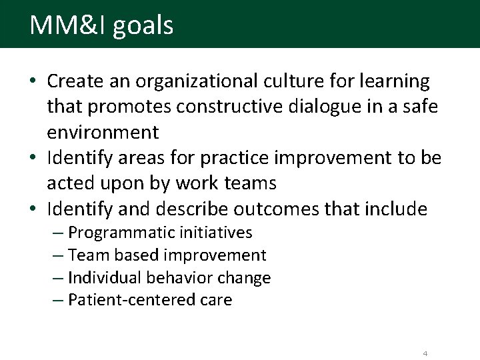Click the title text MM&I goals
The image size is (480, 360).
pos(101,25)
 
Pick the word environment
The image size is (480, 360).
pos(103,133)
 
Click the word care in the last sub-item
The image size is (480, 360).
pos(215,301)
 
